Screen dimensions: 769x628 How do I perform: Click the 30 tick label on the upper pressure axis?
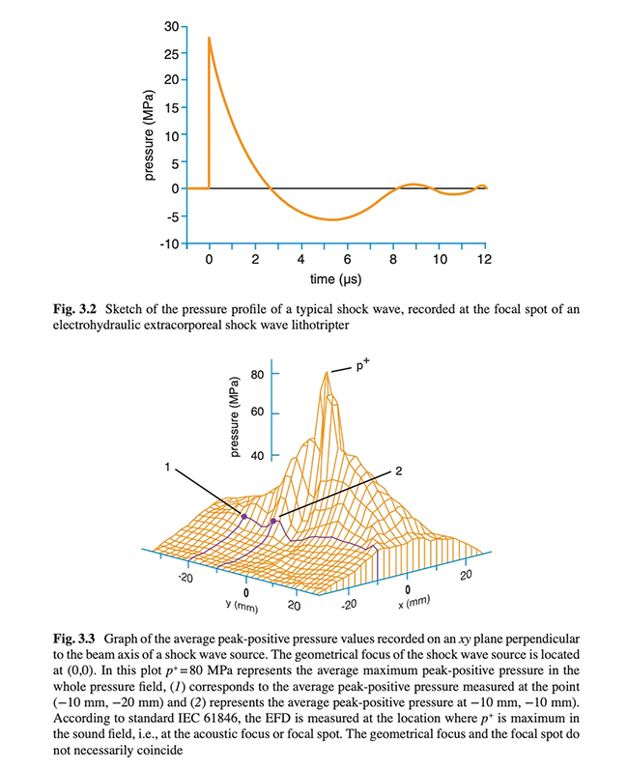tap(171, 27)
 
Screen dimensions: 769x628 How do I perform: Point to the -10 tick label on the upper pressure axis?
tap(168, 242)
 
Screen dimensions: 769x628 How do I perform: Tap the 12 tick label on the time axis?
tap(485, 261)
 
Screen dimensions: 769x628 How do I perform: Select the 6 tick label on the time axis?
tap(347, 261)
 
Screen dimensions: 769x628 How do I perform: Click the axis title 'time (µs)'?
tap(335, 280)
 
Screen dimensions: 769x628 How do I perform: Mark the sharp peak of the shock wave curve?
tap(210, 39)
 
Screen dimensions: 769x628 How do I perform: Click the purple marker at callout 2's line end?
tap(274, 521)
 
